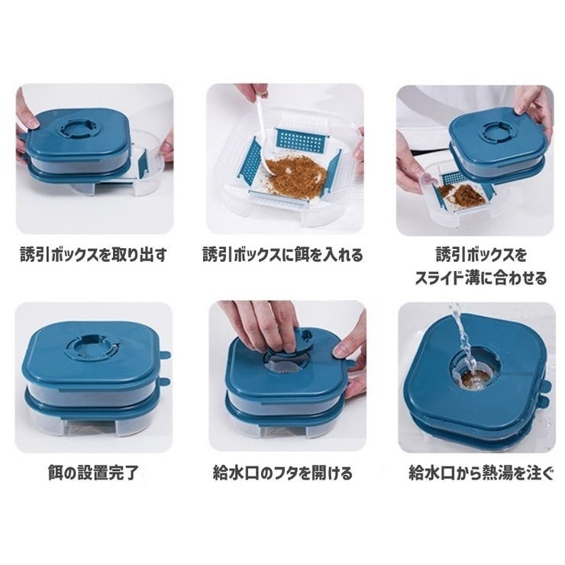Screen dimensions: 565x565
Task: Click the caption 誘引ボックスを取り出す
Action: click(93, 255)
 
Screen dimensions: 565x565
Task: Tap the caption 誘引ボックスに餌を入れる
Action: click(282, 255)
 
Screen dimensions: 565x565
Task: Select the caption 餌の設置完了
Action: click(93, 473)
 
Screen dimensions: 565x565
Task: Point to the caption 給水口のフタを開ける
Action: click(282, 473)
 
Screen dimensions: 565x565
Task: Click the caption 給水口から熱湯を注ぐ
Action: click(481, 473)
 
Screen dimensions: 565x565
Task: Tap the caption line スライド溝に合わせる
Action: click(481, 278)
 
